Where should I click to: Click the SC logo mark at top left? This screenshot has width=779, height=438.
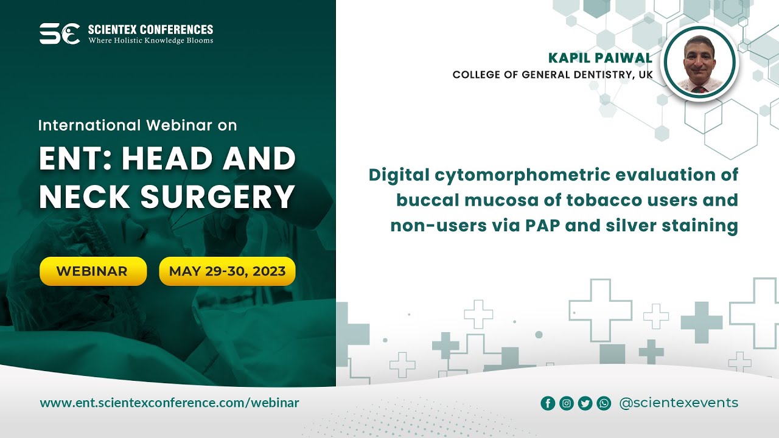[x=59, y=33]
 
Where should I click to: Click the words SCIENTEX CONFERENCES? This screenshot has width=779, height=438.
[x=150, y=29]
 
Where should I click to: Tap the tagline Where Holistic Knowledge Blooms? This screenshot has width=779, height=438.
[x=150, y=41]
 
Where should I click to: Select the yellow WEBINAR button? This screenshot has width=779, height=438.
[x=93, y=271]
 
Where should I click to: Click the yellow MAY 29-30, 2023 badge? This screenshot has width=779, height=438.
[x=227, y=271]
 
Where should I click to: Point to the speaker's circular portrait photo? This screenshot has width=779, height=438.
[x=699, y=63]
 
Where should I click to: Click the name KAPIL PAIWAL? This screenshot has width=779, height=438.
[x=600, y=58]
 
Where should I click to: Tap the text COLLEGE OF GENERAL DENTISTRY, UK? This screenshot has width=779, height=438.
[x=553, y=75]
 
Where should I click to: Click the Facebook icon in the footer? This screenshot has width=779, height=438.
[x=548, y=403]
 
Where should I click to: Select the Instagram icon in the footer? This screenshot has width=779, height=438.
[x=567, y=403]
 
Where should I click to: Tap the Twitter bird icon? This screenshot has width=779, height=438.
[x=585, y=403]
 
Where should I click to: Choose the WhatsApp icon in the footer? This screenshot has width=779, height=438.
[x=604, y=403]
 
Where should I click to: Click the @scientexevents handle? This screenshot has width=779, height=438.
[x=678, y=403]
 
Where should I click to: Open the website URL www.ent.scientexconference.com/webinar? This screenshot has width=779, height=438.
[x=169, y=403]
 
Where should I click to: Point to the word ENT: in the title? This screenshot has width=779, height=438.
[x=75, y=159]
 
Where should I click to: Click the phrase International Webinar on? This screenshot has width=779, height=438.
[x=137, y=125]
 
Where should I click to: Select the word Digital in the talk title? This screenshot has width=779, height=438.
[x=398, y=175]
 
